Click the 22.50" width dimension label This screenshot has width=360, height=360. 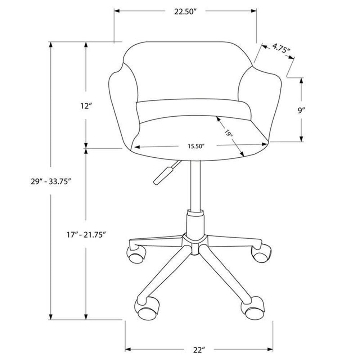coord(185,12)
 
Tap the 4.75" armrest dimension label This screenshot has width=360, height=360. coord(281,48)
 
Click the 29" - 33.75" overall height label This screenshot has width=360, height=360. coord(50,181)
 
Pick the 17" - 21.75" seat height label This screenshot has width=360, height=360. coord(86,235)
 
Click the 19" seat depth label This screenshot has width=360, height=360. coord(228,134)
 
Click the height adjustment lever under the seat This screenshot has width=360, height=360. coord(164,174)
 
